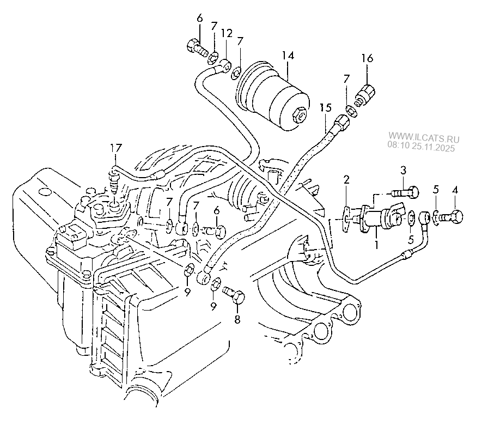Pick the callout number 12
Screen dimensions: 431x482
tap(227, 33)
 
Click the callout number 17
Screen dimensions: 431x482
tap(114, 148)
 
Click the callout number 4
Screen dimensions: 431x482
tap(455, 190)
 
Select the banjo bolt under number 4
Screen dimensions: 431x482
tap(452, 216)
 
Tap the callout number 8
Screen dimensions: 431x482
tap(237, 320)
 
